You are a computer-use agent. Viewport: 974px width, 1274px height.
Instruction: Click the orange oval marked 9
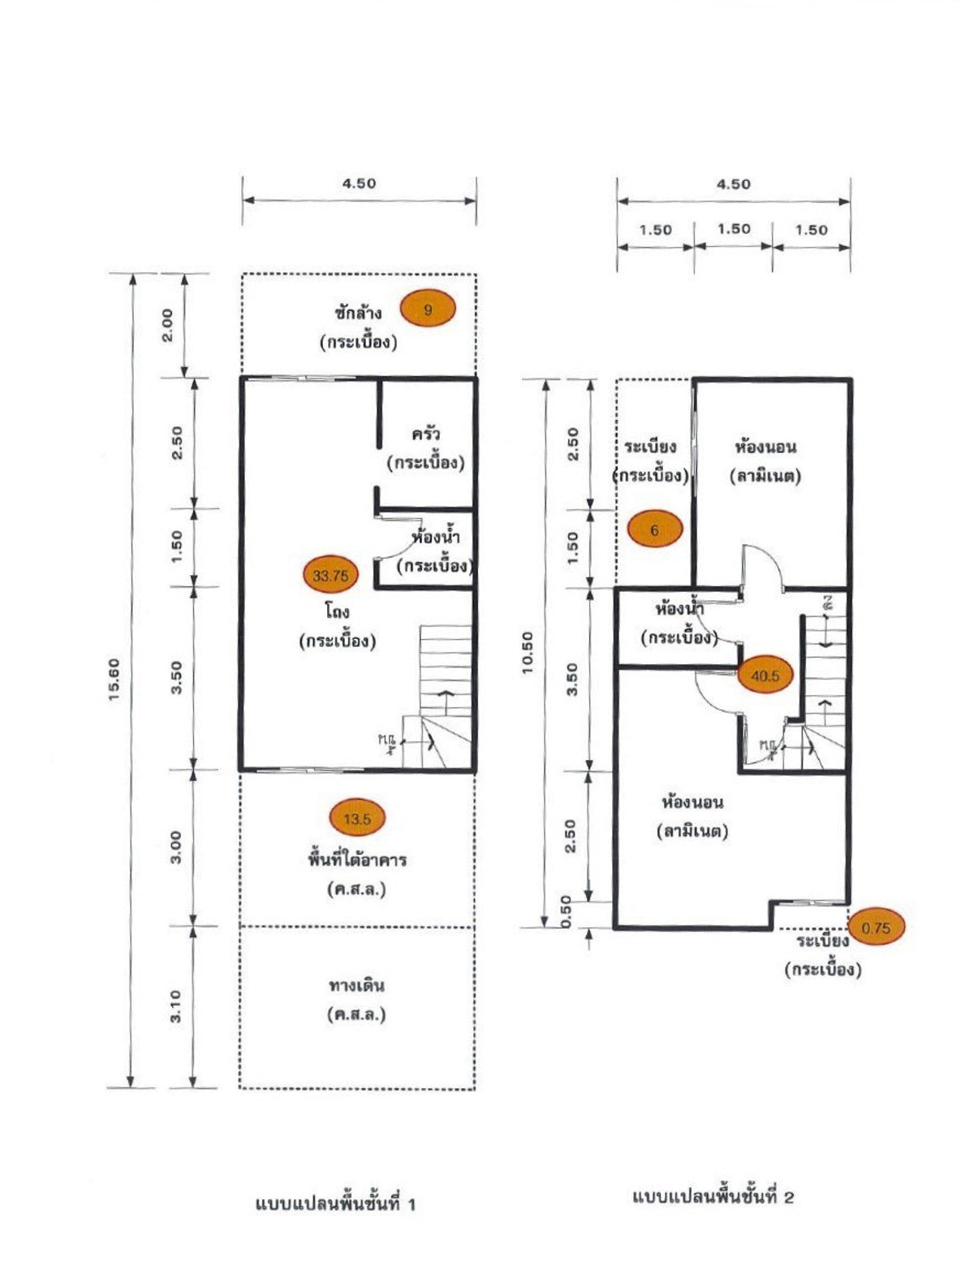(x=428, y=309)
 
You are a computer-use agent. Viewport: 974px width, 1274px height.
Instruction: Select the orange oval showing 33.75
(x=330, y=576)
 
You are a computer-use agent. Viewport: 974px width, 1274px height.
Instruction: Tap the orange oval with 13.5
(x=357, y=818)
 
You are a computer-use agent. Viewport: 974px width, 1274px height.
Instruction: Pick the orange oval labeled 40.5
(x=765, y=676)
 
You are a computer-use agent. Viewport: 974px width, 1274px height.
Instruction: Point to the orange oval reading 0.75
(x=876, y=927)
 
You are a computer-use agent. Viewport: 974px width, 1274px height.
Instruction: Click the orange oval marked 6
(x=654, y=529)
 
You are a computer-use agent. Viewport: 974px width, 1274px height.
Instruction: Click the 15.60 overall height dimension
(x=114, y=680)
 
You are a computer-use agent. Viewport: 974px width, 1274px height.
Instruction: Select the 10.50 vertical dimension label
(x=528, y=653)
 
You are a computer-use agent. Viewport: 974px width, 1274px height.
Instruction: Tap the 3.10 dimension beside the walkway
(x=175, y=1006)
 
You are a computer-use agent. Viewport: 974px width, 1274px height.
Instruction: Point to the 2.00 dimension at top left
(x=166, y=325)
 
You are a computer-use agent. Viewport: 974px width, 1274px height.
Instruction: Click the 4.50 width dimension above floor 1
(x=359, y=184)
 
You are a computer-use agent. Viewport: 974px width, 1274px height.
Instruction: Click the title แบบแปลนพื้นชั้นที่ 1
(x=335, y=1203)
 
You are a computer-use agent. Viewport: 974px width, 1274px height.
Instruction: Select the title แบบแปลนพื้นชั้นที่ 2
(x=712, y=1196)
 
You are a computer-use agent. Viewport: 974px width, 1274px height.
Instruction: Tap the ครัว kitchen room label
(x=425, y=434)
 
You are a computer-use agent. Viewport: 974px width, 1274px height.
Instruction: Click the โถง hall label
(x=337, y=611)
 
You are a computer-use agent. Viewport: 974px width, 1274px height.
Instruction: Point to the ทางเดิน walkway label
(x=356, y=986)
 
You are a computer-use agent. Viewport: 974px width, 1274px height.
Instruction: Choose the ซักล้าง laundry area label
(x=358, y=312)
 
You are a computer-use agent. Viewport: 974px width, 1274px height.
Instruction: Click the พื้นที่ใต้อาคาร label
(x=356, y=859)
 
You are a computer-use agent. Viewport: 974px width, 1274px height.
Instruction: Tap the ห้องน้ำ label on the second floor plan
(x=679, y=608)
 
